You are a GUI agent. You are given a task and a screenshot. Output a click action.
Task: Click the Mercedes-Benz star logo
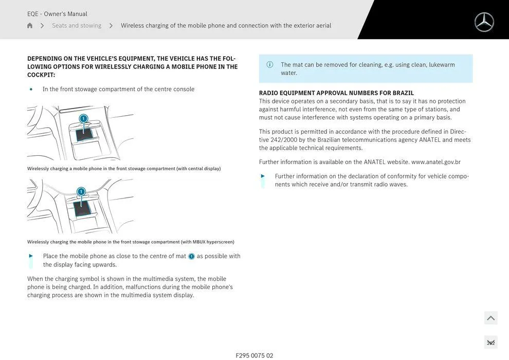click(x=484, y=22)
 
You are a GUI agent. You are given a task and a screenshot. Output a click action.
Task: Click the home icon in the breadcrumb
click(x=30, y=26)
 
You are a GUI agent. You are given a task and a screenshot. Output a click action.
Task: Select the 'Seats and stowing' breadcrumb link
click(x=77, y=26)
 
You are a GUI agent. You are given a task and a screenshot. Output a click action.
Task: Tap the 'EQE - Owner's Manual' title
click(x=57, y=14)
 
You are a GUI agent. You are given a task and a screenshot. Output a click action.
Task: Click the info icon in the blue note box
click(x=270, y=65)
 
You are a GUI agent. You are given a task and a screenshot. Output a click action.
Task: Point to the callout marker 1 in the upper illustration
click(x=83, y=119)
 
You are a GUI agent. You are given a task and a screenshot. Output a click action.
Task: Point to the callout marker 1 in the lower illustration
click(x=81, y=192)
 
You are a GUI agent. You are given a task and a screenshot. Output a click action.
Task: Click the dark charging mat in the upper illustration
click(x=84, y=134)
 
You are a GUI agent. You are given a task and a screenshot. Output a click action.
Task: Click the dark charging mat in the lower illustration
click(x=82, y=208)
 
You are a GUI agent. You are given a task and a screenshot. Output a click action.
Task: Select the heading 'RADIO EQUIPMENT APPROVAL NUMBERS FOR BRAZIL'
click(x=336, y=93)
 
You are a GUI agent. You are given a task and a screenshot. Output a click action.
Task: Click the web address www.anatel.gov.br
click(x=435, y=162)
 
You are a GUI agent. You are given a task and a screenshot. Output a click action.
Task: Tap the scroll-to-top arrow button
click(x=490, y=318)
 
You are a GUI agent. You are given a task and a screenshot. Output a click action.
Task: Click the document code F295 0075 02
click(x=254, y=355)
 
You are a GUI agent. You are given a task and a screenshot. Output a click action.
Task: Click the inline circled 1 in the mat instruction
click(x=191, y=257)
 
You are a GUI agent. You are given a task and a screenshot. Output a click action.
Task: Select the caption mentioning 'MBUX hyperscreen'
click(x=131, y=242)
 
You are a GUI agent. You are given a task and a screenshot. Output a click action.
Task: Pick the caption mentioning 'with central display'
click(x=124, y=169)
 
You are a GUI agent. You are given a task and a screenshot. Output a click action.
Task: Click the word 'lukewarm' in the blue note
click(x=442, y=65)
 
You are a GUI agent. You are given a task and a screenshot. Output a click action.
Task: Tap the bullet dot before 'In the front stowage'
click(x=31, y=89)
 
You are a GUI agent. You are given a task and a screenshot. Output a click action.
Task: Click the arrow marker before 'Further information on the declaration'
click(x=263, y=176)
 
